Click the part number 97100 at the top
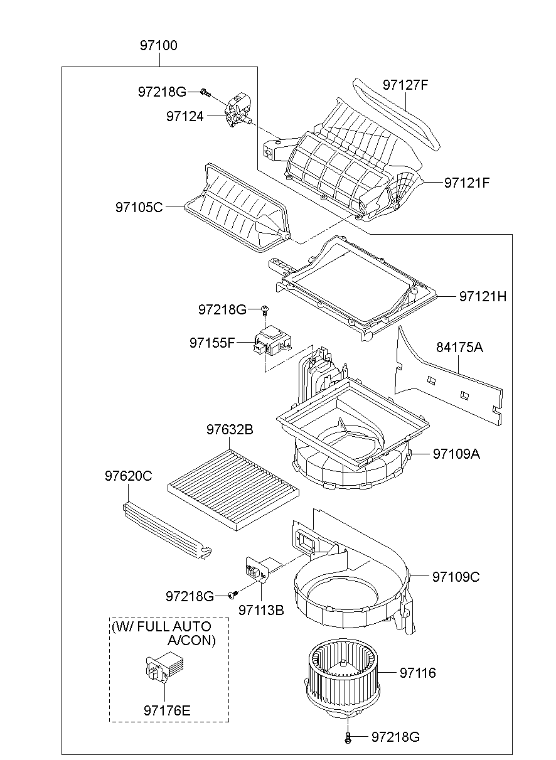click(x=158, y=46)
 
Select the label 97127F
click(x=405, y=85)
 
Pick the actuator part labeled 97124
click(x=237, y=109)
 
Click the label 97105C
click(x=139, y=206)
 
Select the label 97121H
click(x=482, y=296)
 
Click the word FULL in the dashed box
click(x=162, y=626)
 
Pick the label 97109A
click(x=456, y=453)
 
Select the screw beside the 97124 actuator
click(x=204, y=92)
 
